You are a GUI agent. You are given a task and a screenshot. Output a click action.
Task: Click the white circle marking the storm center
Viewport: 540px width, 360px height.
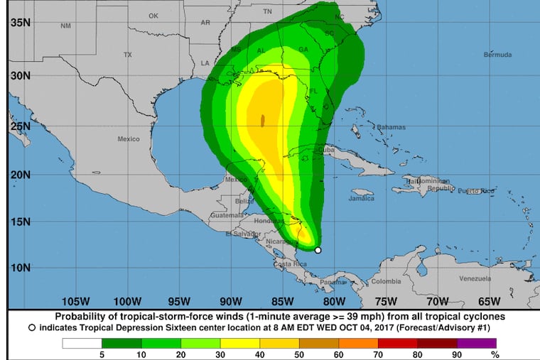click(318, 250)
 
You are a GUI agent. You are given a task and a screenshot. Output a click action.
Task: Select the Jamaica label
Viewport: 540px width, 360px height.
click(361, 199)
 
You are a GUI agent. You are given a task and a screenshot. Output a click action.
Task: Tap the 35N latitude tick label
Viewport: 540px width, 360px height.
click(19, 23)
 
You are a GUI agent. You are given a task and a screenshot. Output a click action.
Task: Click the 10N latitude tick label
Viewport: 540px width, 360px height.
click(19, 267)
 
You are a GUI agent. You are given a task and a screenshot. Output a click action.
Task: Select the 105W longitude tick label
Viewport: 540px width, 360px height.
click(75, 300)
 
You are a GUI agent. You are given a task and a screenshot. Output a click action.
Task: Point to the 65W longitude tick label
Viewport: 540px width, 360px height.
click(490, 300)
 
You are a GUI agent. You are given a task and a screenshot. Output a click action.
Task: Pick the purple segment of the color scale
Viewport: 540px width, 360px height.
click(475, 343)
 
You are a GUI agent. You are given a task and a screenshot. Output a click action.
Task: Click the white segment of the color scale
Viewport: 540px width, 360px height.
click(81, 343)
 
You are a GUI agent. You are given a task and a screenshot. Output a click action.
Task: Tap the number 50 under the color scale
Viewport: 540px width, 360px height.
click(298, 354)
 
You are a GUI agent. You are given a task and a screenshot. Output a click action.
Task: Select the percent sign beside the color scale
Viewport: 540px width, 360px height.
click(495, 354)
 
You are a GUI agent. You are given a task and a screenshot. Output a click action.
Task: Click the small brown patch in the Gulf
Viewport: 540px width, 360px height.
click(263, 120)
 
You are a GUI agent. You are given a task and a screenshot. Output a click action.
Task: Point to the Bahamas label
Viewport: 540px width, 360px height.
click(390, 127)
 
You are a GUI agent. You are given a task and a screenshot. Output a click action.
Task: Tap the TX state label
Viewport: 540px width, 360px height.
click(128, 55)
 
